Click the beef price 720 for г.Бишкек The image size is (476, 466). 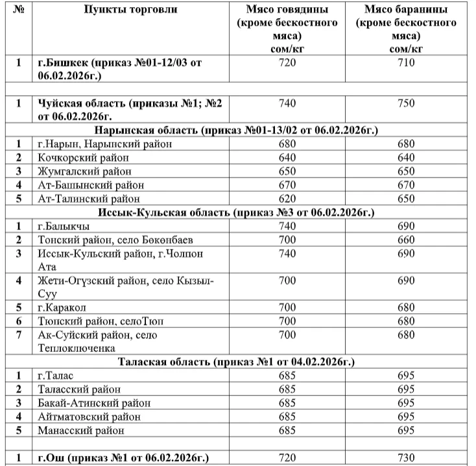(287, 63)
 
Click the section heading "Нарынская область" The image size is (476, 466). (237, 130)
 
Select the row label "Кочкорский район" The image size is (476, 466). (83, 157)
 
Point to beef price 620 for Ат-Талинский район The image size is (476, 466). (287, 199)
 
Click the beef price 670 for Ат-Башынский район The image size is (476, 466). (287, 185)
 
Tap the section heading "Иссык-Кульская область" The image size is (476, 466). (237, 213)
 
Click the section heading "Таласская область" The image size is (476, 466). (237, 362)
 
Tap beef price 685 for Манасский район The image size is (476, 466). (287, 430)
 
